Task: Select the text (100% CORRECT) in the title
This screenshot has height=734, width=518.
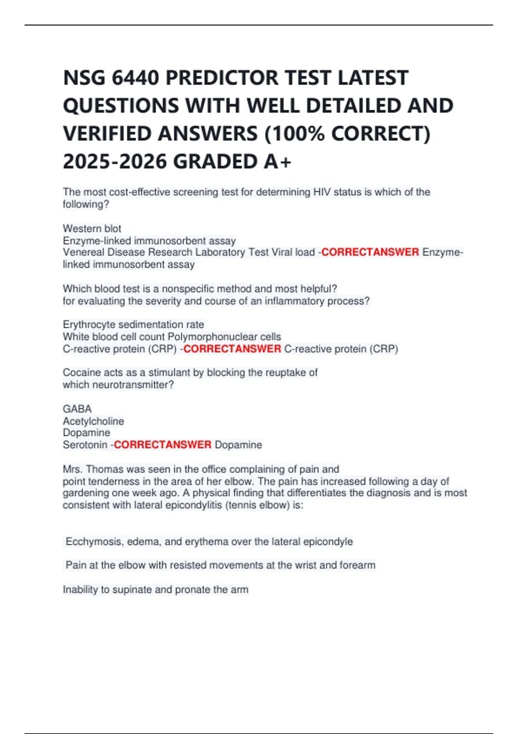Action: tap(347, 134)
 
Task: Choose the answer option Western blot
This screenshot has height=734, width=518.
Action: tap(92, 228)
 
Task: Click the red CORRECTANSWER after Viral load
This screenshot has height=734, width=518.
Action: tap(370, 252)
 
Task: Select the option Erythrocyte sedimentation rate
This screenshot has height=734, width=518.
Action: tap(133, 324)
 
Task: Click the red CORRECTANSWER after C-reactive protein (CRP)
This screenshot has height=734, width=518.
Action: tap(232, 349)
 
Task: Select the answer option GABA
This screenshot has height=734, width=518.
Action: tap(77, 409)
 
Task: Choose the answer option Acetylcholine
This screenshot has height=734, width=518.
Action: tap(93, 421)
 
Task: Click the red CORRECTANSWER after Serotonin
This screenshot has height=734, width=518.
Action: tap(162, 445)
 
